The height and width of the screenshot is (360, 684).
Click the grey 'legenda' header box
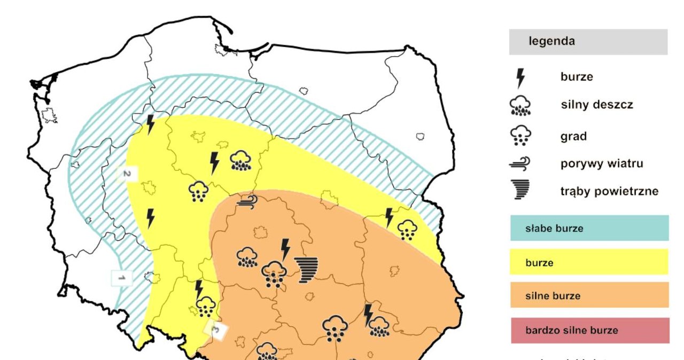point(588,42)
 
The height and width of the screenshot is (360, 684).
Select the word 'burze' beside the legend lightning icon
point(577,77)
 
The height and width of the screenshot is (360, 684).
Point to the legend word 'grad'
point(573,136)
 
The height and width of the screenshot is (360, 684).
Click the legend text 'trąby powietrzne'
point(609,191)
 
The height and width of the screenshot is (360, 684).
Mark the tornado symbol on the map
point(307,269)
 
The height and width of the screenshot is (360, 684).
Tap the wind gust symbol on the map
point(248,201)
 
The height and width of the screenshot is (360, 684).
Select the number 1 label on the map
point(121,278)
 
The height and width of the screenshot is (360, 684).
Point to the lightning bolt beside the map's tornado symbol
point(285,249)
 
